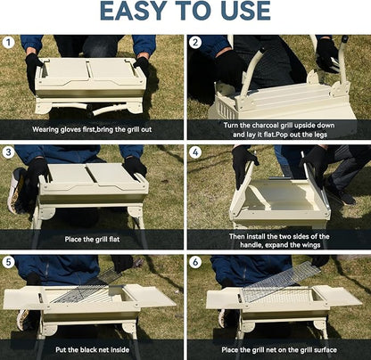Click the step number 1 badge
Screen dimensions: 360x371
(9, 42)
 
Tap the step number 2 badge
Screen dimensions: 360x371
(194, 42)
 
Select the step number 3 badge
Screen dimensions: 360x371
(9, 152)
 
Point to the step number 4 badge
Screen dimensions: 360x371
(194, 152)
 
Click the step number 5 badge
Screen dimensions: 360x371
(9, 263)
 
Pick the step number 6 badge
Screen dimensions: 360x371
(194, 263)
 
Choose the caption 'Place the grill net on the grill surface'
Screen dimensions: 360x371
(278, 349)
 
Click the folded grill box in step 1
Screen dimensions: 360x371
(89, 77)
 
